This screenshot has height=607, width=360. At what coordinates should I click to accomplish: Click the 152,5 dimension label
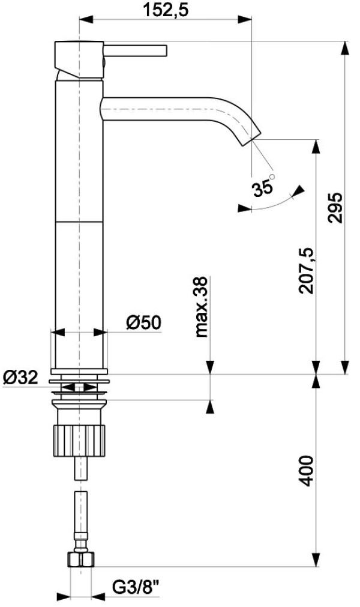click(x=166, y=10)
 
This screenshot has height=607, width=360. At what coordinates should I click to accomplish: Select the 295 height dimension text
click(x=335, y=207)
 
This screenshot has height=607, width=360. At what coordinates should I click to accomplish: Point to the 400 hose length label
click(x=306, y=471)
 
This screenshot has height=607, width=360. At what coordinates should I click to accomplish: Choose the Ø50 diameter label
click(x=143, y=322)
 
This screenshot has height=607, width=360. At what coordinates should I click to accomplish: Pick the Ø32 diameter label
click(x=21, y=377)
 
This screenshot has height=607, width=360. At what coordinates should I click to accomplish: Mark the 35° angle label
click(x=263, y=188)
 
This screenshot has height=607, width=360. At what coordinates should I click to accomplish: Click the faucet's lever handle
click(x=135, y=51)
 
